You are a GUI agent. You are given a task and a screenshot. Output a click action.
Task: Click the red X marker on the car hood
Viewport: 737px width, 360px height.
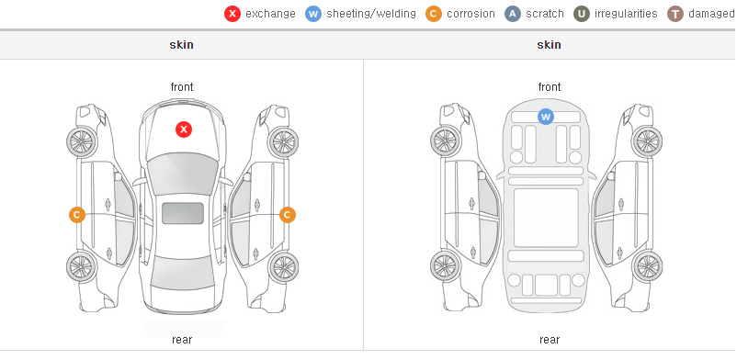click(184, 129)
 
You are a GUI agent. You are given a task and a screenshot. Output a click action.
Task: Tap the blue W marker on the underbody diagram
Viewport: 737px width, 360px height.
click(545, 117)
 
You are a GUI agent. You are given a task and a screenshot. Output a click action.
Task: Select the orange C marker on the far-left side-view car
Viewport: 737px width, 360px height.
click(77, 215)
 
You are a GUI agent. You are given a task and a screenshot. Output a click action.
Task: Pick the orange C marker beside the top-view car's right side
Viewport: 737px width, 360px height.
click(288, 215)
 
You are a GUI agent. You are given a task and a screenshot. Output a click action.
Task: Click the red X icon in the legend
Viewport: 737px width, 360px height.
click(232, 14)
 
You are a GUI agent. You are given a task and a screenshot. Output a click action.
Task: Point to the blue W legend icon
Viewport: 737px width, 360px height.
click(313, 14)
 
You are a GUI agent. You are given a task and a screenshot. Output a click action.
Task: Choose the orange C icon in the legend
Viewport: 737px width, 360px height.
click(434, 14)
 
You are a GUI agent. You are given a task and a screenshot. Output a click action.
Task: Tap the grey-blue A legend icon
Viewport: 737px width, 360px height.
click(513, 14)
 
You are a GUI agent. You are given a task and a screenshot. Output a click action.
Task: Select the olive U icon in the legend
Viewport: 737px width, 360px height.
click(582, 14)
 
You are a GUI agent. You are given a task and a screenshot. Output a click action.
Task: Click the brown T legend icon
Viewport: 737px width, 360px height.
click(675, 14)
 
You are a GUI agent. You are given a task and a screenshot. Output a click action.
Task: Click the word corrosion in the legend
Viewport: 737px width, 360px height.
click(471, 14)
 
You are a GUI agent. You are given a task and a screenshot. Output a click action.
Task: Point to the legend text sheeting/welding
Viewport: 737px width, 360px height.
click(371, 14)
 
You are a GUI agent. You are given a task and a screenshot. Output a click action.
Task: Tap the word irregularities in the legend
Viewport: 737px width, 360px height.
click(626, 14)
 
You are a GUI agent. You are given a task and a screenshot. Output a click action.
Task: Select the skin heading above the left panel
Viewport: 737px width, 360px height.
click(181, 45)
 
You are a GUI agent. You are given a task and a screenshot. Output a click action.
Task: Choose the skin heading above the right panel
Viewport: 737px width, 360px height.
click(549, 45)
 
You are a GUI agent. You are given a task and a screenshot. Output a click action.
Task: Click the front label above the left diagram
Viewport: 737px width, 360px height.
click(182, 87)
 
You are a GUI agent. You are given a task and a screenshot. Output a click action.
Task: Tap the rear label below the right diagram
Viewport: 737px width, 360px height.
click(550, 340)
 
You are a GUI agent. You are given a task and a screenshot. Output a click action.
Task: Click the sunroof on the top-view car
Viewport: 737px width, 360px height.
click(183, 213)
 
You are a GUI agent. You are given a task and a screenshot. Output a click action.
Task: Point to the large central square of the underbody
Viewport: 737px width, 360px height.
click(546, 218)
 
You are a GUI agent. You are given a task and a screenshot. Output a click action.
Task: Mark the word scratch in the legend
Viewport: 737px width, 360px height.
click(545, 14)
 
